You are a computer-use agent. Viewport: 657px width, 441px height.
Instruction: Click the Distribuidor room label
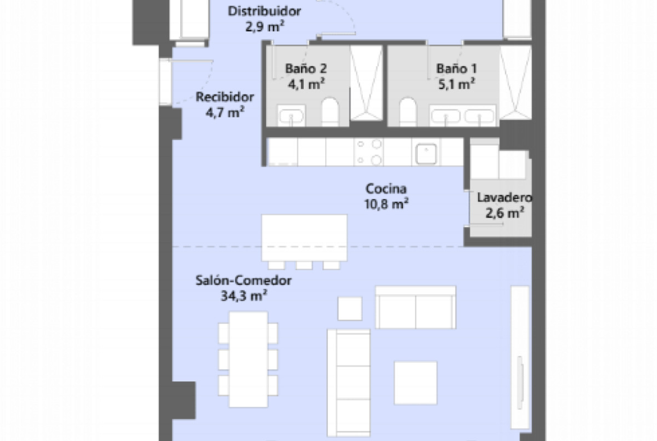coord(264,11)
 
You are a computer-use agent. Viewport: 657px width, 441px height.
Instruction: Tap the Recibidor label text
coord(225,97)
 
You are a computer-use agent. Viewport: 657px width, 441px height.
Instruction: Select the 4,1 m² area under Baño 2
coord(306,84)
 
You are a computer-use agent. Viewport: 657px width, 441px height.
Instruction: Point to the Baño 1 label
coord(457,69)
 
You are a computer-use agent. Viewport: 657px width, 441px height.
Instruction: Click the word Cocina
coord(386,189)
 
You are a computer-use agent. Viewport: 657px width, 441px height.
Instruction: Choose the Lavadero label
coord(504,197)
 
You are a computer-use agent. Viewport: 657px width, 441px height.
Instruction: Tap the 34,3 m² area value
coord(244,296)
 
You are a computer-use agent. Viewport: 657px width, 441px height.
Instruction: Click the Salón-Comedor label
coord(244,280)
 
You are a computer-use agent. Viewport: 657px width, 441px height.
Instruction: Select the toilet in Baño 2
coord(330,112)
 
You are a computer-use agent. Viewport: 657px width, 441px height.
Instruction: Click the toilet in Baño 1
coord(408,112)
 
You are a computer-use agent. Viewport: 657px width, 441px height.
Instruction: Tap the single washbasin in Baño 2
coord(291,115)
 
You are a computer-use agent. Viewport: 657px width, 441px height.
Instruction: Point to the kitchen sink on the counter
coord(426,153)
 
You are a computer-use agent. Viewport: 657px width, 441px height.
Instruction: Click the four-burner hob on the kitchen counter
coord(369,152)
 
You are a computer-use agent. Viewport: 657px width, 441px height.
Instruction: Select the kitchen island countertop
coord(304,238)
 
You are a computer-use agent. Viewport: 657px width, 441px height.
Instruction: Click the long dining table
coord(248,359)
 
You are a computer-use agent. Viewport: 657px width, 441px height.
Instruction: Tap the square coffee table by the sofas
coord(416,383)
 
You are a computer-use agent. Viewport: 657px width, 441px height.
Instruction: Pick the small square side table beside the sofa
coord(350,309)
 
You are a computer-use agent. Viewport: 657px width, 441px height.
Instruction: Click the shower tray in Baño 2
coord(366,83)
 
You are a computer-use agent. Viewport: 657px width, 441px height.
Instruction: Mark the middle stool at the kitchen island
coord(304,265)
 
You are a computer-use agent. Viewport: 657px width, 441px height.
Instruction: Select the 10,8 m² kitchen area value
coord(386,204)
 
